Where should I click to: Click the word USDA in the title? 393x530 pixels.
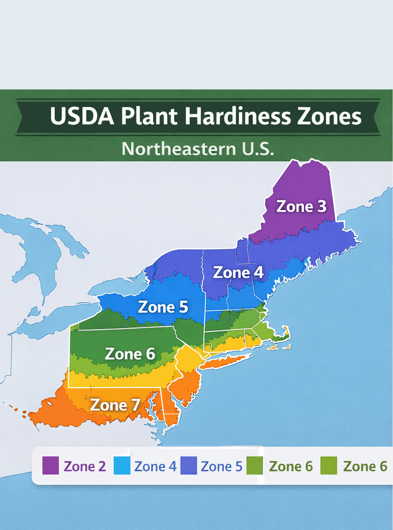coord(82,116)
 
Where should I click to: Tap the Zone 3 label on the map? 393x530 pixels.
coord(301,206)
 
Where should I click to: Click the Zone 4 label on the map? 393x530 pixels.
coord(238,272)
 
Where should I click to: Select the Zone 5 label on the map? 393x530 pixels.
coord(163,307)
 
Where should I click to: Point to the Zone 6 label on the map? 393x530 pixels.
coord(130,354)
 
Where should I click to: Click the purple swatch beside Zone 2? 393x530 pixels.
coord(51,466)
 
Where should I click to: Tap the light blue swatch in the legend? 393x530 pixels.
coord(122,466)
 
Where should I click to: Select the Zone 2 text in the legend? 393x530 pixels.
coord(85,466)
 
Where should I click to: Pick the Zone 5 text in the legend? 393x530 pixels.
coord(221,466)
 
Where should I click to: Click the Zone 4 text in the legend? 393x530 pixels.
coord(155,466)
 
